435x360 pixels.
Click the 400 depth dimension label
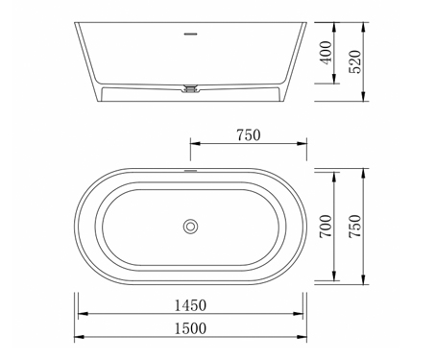point(326,53)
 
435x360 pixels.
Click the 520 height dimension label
point(355,61)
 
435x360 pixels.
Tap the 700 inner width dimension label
point(326,226)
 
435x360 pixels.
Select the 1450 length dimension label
point(190,305)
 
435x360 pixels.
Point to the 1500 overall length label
point(190,328)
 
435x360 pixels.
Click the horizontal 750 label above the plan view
point(249,135)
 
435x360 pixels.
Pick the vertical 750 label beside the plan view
point(355,226)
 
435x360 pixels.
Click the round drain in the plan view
point(190,227)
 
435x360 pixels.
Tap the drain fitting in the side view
point(191,88)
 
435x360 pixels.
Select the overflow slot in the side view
point(191,34)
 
